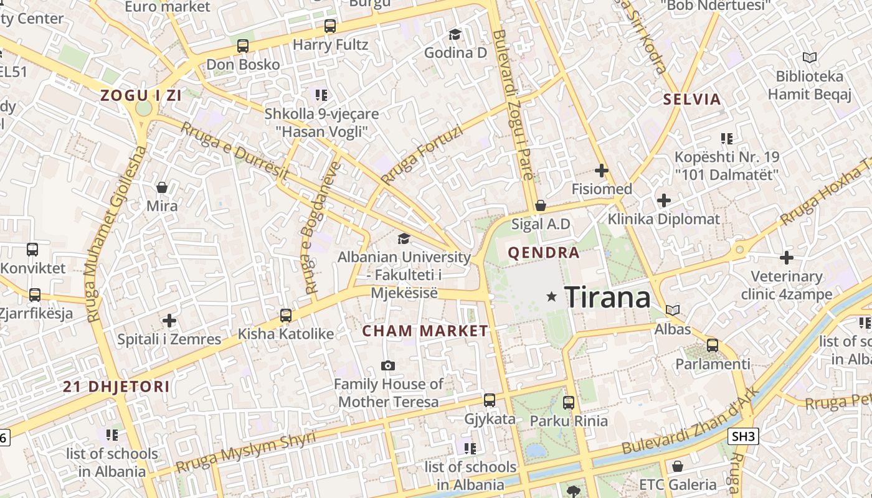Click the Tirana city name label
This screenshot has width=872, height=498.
coord(607,298)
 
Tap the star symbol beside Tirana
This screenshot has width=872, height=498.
coord(551,297)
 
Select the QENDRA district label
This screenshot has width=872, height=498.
coord(544,253)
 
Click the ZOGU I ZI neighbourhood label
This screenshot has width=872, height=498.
coord(141,95)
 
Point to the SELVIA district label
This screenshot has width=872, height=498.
coord(692,99)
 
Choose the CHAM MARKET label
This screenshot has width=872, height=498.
coord(425,331)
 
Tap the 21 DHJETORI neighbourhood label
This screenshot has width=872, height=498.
coord(116,387)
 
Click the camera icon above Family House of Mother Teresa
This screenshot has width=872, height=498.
coord(388,365)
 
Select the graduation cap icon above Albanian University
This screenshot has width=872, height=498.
coord(404,238)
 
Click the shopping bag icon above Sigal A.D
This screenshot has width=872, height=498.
coord(541,205)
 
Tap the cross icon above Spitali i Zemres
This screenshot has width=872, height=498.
coord(169,321)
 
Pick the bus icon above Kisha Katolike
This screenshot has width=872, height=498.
coord(286,315)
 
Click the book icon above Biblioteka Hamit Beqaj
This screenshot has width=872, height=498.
coord(809,58)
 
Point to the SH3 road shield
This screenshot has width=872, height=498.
coord(743,437)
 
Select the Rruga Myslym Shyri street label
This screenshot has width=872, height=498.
coord(245,452)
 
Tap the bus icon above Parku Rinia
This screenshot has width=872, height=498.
coord(569,403)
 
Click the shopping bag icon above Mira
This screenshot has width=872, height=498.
coord(162,187)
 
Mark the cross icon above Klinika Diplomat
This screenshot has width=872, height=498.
coord(664,200)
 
